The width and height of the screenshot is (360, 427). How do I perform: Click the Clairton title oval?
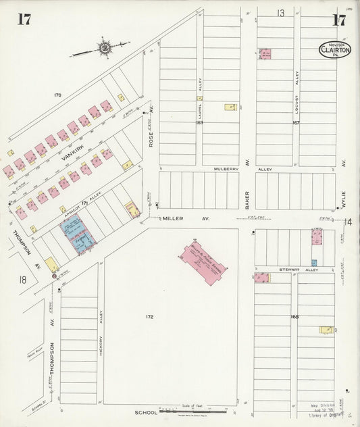click(334, 49)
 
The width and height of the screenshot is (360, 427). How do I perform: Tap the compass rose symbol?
click(105, 48)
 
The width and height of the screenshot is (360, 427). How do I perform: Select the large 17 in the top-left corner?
click(24, 19)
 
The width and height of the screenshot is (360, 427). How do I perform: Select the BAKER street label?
click(247, 199)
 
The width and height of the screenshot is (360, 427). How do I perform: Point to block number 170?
click(57, 95)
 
